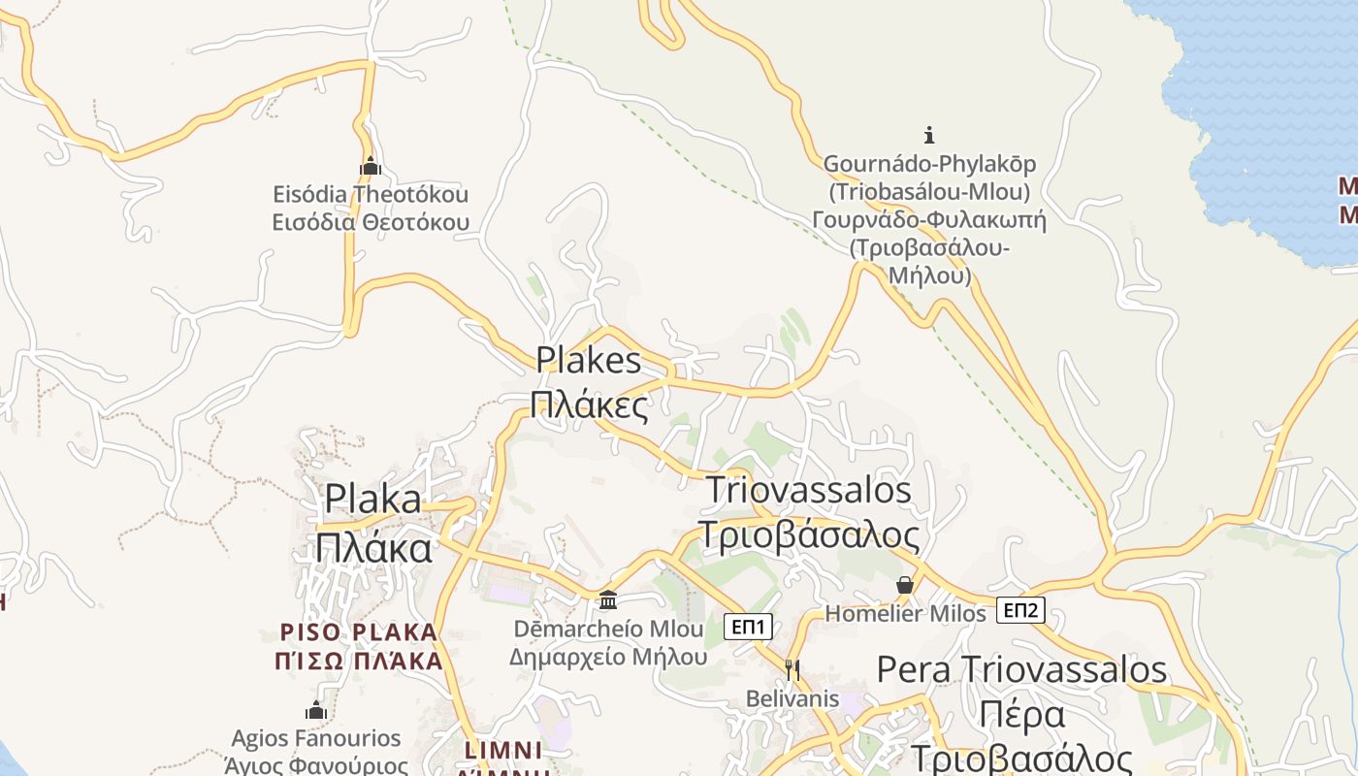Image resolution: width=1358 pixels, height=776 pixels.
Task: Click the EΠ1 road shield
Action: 749,628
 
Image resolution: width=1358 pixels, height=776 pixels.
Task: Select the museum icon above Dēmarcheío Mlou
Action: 608,600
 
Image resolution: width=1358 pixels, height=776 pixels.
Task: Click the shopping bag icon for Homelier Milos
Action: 905,585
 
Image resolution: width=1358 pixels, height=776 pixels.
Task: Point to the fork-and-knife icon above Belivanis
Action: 792,668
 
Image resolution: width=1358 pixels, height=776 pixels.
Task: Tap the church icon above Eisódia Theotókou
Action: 370,166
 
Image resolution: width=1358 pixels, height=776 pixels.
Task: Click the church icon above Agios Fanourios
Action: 315,710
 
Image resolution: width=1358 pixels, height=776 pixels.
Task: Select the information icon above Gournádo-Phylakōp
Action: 928,135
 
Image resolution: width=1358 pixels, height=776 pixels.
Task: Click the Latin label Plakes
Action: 589,361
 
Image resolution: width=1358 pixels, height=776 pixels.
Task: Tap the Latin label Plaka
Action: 373,499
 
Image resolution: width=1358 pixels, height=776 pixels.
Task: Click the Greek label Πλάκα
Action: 373,548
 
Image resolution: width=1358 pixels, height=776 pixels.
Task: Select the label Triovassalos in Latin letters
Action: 809,490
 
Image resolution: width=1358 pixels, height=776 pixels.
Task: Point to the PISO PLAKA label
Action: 359,632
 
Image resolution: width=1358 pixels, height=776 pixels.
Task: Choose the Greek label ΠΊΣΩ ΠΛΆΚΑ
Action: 359,662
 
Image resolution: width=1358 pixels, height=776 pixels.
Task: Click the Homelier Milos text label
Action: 905,614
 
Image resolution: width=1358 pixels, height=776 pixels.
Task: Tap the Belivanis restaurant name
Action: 792,698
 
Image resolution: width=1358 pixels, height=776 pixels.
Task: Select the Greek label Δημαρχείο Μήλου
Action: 608,657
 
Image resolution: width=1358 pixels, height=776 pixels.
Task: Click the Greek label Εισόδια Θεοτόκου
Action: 370,222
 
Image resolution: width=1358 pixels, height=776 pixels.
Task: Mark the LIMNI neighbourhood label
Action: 503,750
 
